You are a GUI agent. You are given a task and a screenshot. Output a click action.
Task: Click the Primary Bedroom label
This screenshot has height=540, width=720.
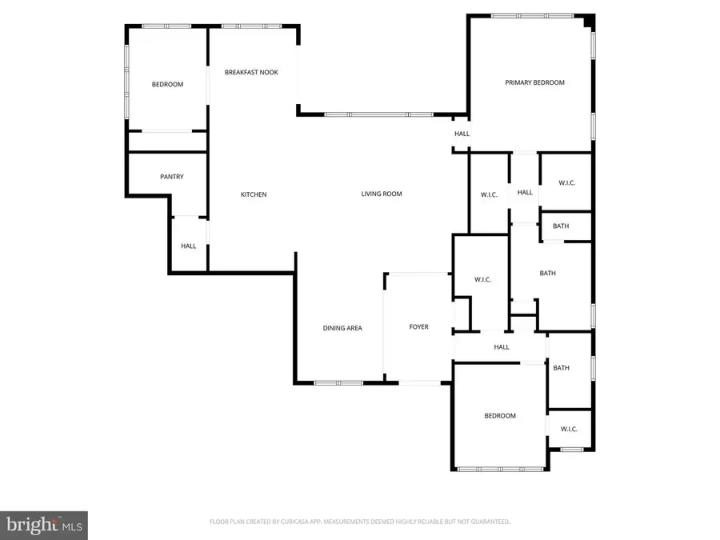point(534,82)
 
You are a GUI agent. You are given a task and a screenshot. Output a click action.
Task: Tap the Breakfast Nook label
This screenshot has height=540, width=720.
point(251,72)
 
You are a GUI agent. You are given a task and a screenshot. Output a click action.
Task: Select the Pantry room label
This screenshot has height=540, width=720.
point(172,177)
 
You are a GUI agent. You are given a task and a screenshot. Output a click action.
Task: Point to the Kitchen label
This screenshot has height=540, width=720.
point(254,194)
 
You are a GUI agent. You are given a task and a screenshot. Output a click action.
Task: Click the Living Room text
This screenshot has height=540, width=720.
point(382,194)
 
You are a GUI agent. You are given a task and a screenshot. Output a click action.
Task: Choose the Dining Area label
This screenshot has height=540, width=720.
point(342,328)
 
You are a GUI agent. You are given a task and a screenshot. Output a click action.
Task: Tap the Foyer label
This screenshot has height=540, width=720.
point(418,327)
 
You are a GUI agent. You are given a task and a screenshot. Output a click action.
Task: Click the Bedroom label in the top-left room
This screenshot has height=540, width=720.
point(168,85)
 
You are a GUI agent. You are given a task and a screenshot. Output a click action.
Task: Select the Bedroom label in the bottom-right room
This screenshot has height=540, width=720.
point(500,416)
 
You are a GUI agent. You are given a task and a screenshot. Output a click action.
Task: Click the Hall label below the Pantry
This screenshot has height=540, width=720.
point(188,246)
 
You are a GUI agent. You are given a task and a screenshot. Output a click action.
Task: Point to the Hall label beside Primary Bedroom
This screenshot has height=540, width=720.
point(462,134)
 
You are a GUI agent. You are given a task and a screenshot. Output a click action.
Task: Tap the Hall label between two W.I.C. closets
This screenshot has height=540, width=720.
point(525,193)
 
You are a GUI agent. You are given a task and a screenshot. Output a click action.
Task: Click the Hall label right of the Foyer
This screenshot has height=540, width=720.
point(502,347)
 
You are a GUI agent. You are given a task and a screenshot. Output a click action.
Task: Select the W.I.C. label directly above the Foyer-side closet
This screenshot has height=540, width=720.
point(490,194)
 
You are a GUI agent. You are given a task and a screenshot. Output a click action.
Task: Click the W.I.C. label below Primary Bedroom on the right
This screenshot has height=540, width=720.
point(566,183)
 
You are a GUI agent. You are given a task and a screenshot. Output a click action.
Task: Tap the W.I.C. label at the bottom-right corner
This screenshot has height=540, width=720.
point(569,430)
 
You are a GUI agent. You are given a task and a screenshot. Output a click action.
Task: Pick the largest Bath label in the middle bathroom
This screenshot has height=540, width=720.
point(547,274)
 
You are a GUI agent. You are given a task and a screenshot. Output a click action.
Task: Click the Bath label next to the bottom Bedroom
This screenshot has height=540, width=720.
point(561,368)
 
